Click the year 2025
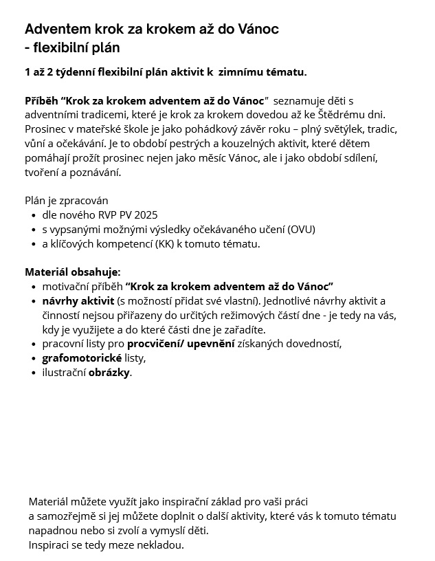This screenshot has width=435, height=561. tap(145, 214)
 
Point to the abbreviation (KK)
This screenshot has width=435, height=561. tap(165, 243)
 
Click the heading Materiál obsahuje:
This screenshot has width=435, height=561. tap(72, 272)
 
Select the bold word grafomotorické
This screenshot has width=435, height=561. tap(82, 358)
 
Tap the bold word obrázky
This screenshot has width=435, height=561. tap(109, 373)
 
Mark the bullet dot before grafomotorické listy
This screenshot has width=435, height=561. tap(34, 359)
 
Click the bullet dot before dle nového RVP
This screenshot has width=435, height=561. tap(34, 215)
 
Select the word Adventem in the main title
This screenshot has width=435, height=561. tap(57, 30)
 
